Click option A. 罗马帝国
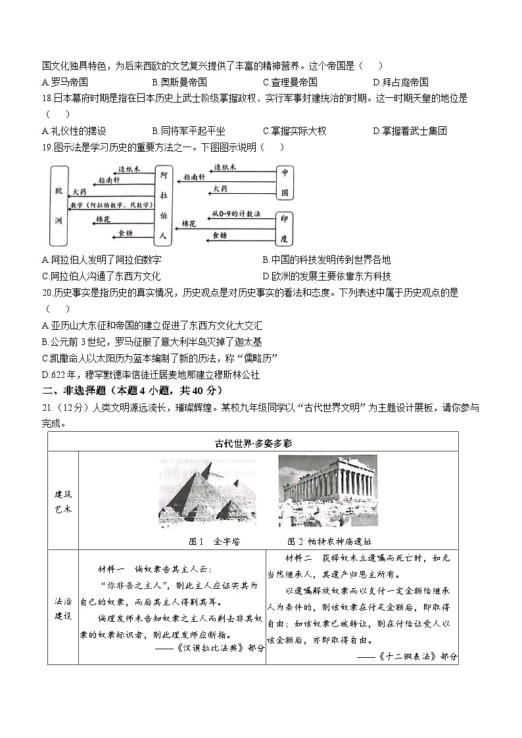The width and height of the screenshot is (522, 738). tap(64, 82)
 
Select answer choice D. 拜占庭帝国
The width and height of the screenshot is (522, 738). tap(400, 82)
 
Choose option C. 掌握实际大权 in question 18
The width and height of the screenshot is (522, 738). tap(294, 131)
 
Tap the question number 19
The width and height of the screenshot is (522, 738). tap(46, 147)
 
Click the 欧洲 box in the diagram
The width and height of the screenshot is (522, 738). tap(59, 205)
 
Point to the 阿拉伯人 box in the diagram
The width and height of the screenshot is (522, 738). tap(164, 204)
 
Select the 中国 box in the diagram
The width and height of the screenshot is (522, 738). tap(285, 183)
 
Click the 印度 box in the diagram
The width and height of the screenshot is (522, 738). tap(285, 227)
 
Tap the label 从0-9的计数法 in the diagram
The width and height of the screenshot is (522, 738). tap(236, 214)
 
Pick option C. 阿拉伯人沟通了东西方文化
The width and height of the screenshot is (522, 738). tap(101, 276)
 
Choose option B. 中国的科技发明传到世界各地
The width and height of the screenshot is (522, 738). tap(326, 260)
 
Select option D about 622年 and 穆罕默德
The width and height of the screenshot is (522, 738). tap(151, 375)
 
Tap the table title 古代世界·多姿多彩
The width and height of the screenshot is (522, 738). tap(253, 442)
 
